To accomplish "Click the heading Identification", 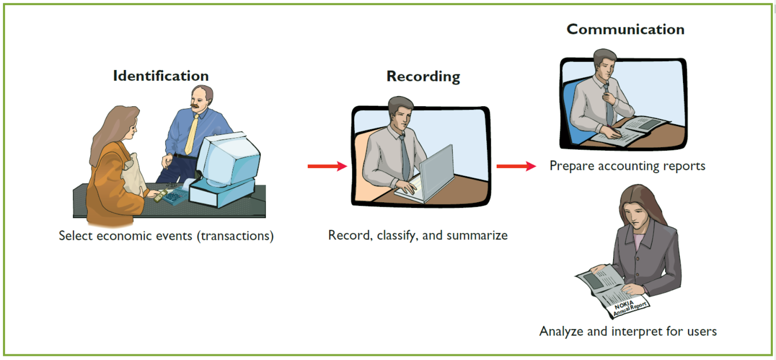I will click(161, 76).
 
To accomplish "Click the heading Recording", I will click(423, 76).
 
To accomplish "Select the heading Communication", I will click(625, 29).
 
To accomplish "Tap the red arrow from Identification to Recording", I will click(327, 166).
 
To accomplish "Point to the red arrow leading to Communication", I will click(516, 166).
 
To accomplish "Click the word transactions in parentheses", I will click(235, 236).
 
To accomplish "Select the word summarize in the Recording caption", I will click(477, 235).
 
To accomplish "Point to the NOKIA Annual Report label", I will click(629, 307).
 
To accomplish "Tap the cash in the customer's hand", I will click(161, 195).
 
